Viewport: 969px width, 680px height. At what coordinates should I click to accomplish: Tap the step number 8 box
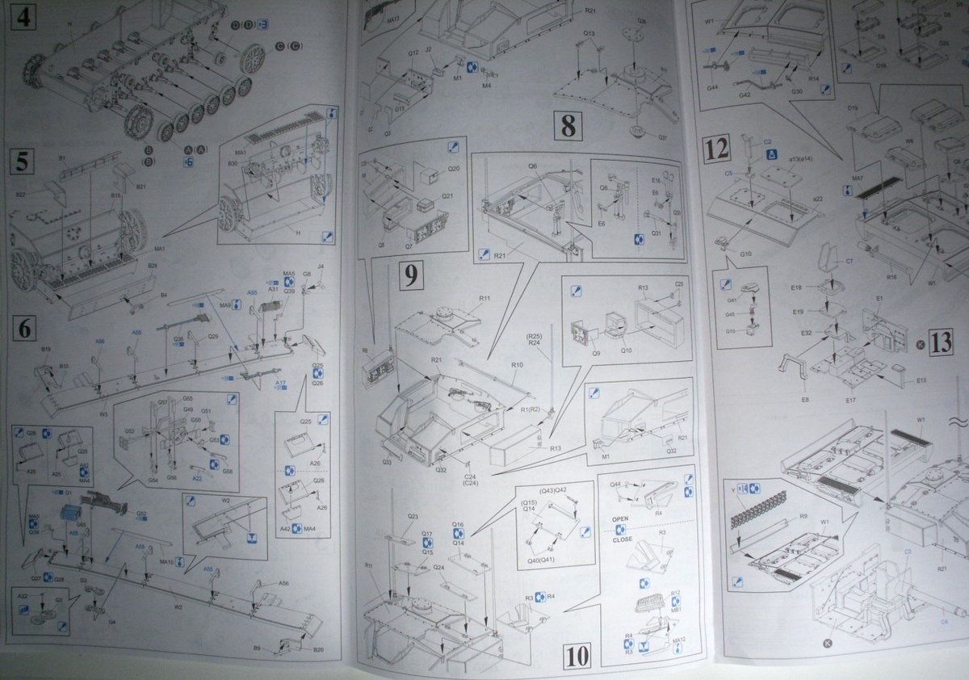tap(568, 126)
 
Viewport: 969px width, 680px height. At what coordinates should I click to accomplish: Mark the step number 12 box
tap(717, 149)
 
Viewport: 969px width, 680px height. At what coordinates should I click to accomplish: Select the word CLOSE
tap(623, 539)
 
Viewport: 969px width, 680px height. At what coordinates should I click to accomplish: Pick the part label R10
tap(517, 365)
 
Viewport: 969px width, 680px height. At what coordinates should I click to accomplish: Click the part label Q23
tap(413, 516)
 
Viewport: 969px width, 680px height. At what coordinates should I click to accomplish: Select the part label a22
tap(817, 199)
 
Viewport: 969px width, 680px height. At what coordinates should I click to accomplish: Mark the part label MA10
tap(167, 560)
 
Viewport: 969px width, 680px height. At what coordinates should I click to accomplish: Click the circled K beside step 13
tap(921, 343)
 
